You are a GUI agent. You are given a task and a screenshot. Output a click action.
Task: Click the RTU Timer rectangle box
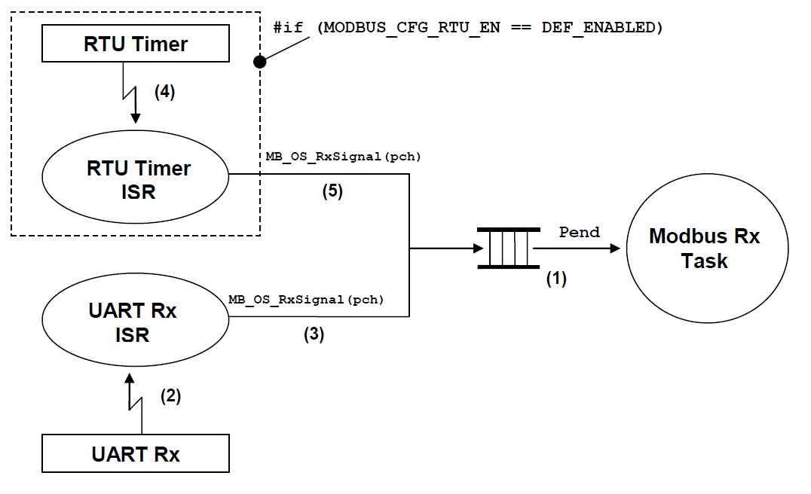click(135, 44)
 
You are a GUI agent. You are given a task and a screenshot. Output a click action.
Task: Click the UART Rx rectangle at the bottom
click(135, 454)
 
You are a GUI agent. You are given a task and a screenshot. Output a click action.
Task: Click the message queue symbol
click(507, 248)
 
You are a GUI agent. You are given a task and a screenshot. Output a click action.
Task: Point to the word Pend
click(579, 232)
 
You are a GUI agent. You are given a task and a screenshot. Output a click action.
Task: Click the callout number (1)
click(555, 278)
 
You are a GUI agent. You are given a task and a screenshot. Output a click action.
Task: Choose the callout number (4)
click(164, 92)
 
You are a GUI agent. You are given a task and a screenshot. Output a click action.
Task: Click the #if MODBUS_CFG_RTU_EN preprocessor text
click(468, 28)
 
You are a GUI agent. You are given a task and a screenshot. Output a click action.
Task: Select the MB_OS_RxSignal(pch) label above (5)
click(343, 157)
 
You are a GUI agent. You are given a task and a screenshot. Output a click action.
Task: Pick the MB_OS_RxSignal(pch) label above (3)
click(306, 300)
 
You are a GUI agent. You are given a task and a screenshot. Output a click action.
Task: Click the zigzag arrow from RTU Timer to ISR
click(132, 94)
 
